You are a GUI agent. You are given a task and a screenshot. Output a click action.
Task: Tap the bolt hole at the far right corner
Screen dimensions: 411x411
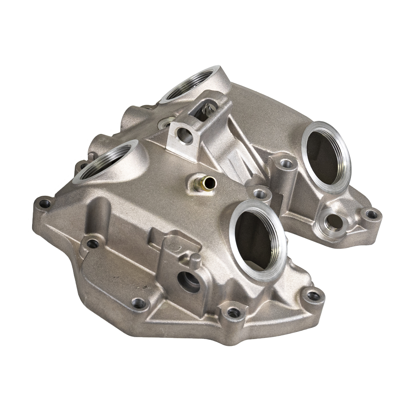[370, 214]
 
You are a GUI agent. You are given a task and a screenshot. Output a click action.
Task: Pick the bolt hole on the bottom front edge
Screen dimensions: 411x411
[232, 313]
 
